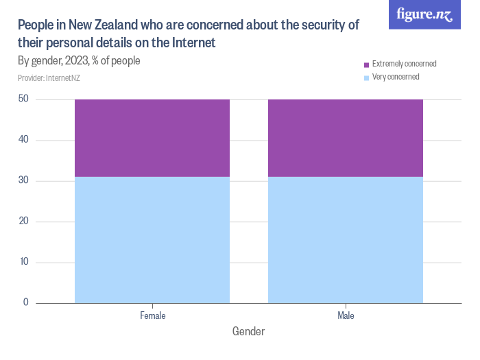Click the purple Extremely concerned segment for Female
tap(152, 138)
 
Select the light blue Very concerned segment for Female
tap(152, 239)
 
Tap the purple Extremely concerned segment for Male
tap(346, 138)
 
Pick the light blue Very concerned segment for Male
tap(346, 239)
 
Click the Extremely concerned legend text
tap(404, 64)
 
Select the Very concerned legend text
tap(396, 77)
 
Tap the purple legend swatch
tap(367, 64)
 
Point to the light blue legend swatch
tap(367, 77)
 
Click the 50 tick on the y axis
tap(23, 99)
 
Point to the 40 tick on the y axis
tap(23, 140)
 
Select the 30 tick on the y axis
tap(23, 181)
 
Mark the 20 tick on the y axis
tap(23, 221)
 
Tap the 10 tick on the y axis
tap(23, 262)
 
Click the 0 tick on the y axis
tap(25, 302)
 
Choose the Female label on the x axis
tap(152, 316)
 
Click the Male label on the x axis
tap(346, 316)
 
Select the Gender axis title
tap(248, 332)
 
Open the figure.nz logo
tap(424, 14)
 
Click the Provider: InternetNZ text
tap(49, 78)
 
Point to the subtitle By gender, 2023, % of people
tap(79, 61)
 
